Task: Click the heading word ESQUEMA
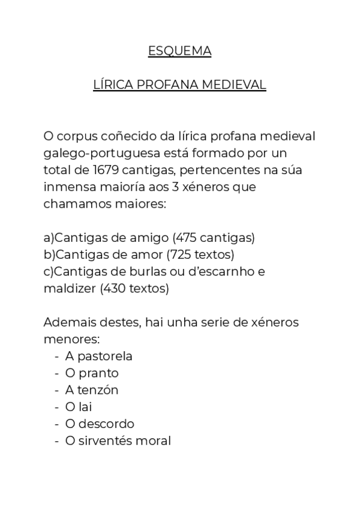[179, 52]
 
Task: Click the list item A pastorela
[98, 356]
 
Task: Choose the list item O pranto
[92, 373]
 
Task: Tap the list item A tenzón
[92, 390]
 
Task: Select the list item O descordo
[100, 423]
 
